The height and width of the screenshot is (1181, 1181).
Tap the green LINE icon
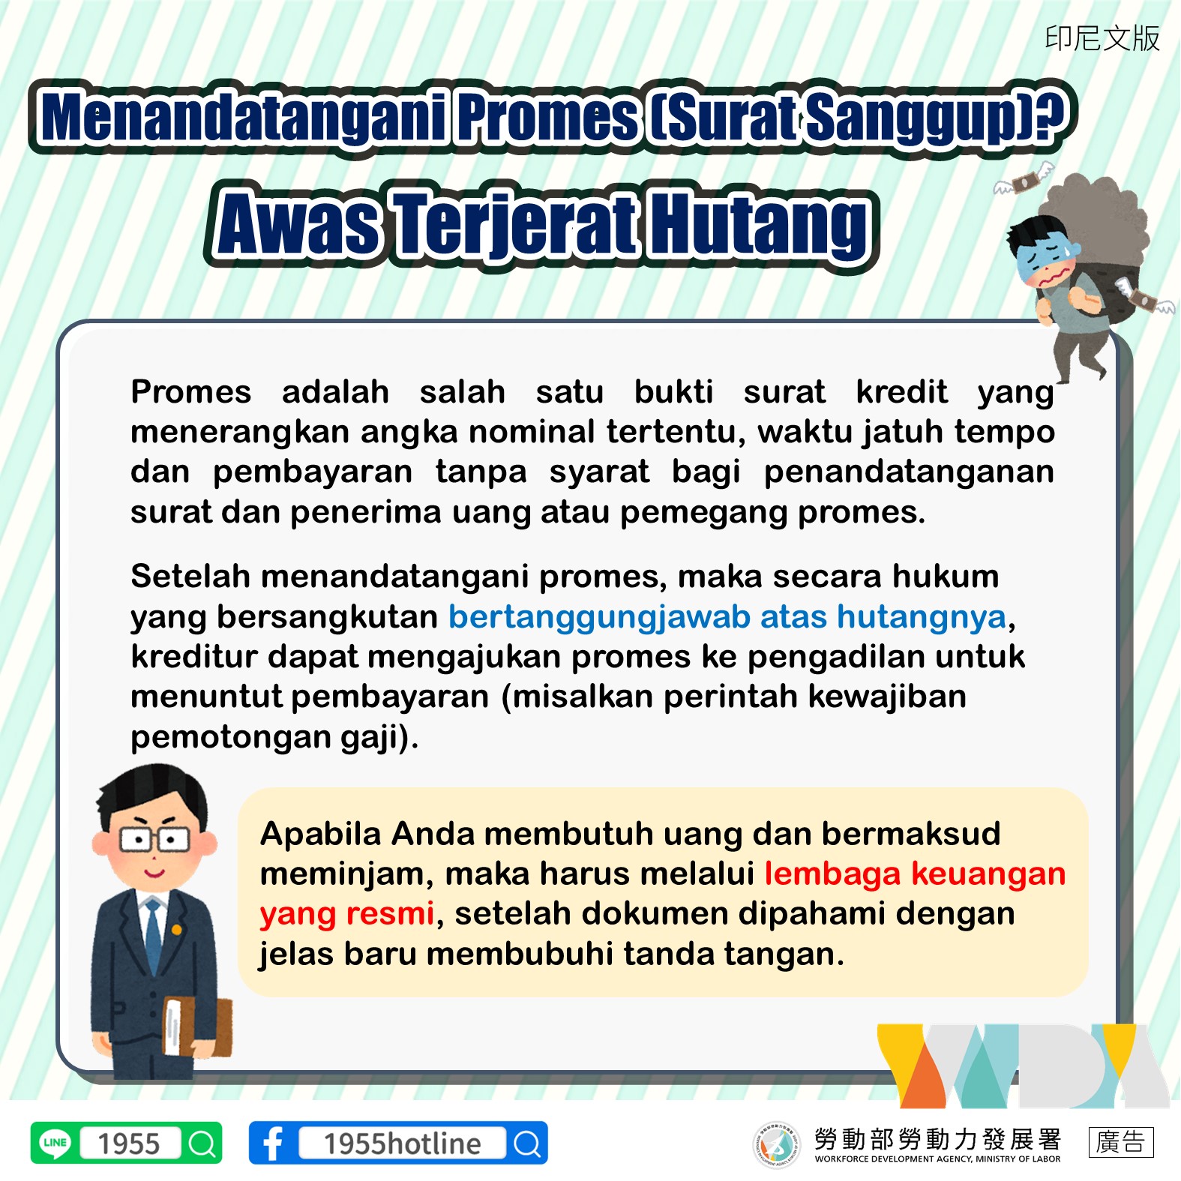click(55, 1143)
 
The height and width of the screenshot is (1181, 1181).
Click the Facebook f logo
click(273, 1144)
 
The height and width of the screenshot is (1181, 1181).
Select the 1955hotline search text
click(402, 1144)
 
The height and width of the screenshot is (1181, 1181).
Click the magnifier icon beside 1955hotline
click(527, 1144)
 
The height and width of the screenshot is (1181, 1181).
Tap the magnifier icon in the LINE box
click(202, 1144)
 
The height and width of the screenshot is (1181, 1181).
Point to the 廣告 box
click(1120, 1142)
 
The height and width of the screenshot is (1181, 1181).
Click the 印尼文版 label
click(1102, 38)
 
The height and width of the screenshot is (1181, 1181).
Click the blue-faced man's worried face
click(1047, 259)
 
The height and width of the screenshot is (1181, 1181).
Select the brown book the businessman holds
click(197, 1026)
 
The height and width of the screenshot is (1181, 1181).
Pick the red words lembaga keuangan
click(915, 874)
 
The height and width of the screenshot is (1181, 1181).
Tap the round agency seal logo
click(776, 1144)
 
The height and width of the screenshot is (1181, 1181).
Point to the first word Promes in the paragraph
click(190, 391)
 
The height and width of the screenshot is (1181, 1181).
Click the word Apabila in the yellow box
click(320, 833)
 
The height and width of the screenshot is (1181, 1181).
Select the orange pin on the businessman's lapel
click(177, 930)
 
